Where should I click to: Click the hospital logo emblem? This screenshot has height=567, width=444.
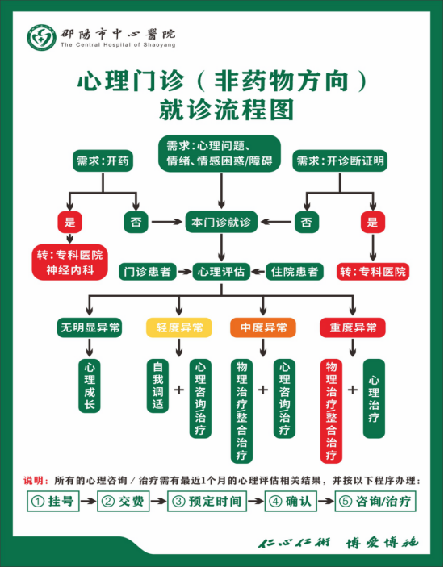coord(42,38)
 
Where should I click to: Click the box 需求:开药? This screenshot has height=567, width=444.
coord(103,161)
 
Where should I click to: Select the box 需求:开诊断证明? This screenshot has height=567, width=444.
coord(340,161)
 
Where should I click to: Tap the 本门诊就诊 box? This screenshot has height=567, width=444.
coord(221,222)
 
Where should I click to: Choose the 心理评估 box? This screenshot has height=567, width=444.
coord(221,272)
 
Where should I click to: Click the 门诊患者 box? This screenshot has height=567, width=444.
coord(148,272)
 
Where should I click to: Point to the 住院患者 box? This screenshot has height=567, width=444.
coord(295,272)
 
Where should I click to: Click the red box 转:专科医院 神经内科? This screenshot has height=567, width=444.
coord(70,262)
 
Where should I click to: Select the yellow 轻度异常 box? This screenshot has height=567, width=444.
coord(179,327)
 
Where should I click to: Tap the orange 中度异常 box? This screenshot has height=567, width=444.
coord(263,327)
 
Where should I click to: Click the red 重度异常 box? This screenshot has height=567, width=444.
coord(353,327)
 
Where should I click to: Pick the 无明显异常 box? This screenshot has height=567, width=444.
coord(90,327)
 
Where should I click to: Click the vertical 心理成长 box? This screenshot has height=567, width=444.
coord(90,386)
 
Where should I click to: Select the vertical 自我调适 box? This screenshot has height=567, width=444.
coord(157,386)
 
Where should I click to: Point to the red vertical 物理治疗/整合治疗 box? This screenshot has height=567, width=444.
coord(331,411)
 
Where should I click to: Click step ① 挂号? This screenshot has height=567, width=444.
coord(53,501)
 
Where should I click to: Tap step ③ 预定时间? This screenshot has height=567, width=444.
coord(207,501)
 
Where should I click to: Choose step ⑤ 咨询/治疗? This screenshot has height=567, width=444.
coord(375,501)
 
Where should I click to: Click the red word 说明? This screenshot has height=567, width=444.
coord(33,481)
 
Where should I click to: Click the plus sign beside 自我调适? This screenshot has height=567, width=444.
coord(179,390)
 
